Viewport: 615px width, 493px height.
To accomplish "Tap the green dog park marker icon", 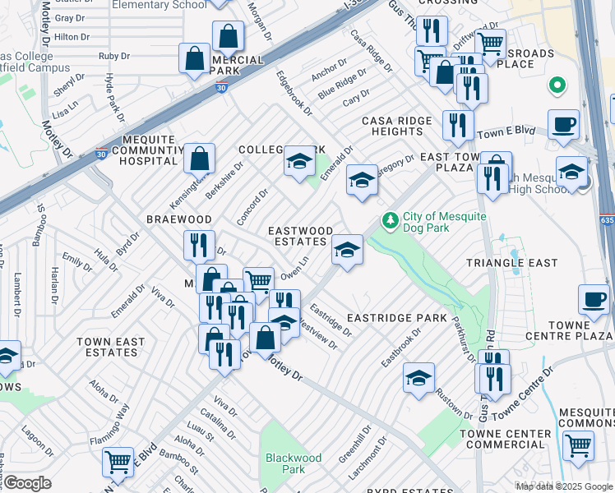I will (x=389, y=221).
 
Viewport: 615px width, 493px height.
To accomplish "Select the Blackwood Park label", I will (x=293, y=463).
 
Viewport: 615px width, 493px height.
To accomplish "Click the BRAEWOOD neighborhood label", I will (x=178, y=220).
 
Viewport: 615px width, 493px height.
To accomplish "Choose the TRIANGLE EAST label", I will (x=511, y=263).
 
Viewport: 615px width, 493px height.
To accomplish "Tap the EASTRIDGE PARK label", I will (x=396, y=317).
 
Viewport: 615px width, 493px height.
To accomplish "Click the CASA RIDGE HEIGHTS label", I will (x=397, y=126).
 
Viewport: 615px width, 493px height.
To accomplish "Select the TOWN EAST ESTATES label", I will (x=110, y=347).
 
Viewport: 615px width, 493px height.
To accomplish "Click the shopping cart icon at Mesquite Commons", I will (x=579, y=445).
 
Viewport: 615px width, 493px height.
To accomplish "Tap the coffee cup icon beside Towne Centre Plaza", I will (x=594, y=299).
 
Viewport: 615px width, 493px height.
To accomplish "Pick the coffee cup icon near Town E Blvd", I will (x=563, y=124).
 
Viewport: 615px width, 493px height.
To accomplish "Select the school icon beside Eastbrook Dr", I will (x=418, y=377).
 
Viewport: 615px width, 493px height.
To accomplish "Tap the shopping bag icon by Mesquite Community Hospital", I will (x=200, y=158).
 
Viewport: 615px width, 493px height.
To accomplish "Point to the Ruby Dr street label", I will (x=114, y=56).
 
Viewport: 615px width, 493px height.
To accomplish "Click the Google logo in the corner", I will (x=27, y=482).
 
